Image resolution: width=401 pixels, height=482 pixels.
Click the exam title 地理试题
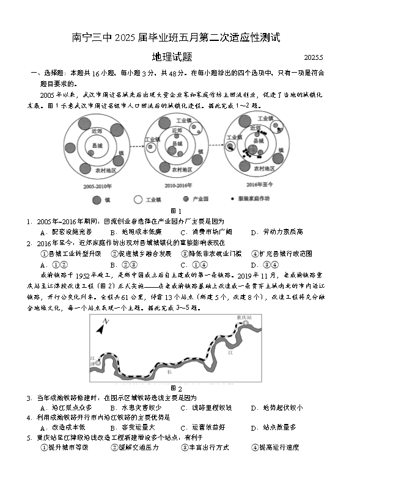pos(173,57)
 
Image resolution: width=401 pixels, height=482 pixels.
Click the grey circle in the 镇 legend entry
pos(96,200)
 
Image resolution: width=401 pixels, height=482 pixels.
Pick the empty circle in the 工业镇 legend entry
pos(138,200)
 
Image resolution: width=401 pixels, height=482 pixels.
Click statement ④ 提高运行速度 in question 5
pos(275,448)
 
